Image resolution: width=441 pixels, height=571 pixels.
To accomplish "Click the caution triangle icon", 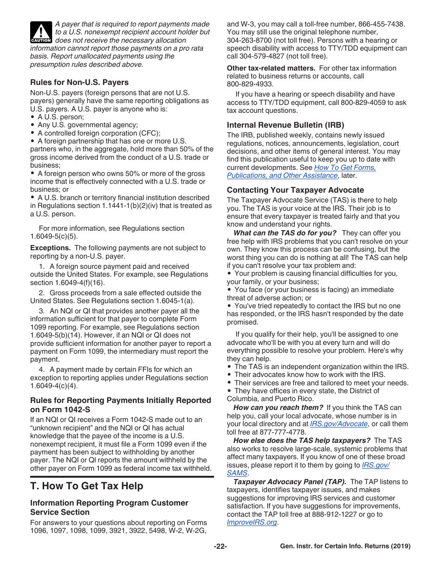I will [41, 32].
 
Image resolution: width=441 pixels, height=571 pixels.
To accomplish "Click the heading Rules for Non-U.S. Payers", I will [79, 82].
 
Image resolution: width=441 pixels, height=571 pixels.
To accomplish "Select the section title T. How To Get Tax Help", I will [87, 486].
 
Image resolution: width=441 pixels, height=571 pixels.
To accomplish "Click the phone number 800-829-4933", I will [249, 84].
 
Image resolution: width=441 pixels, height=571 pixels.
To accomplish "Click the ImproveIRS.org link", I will [252, 522].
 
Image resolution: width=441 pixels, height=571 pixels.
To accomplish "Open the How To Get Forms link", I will [345, 168].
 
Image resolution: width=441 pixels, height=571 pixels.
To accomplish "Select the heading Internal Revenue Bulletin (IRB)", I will [285, 125].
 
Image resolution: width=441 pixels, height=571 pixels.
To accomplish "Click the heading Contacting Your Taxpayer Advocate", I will [295, 190].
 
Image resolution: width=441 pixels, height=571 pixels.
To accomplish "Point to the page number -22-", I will [220, 546].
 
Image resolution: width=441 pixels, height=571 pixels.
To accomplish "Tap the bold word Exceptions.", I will [51, 248].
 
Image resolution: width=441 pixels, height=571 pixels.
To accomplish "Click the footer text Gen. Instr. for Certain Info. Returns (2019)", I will [345, 546].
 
